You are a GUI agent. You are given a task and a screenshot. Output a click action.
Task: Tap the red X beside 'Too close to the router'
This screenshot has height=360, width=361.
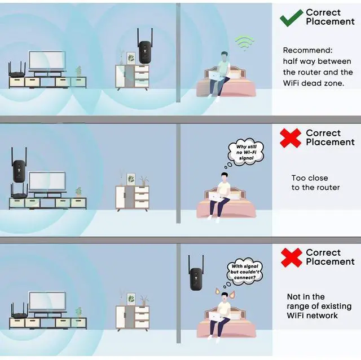[291, 137]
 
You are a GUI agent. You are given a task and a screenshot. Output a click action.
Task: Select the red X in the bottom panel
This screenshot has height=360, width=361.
[291, 257]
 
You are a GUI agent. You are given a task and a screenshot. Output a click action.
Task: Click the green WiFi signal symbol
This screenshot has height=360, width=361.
[244, 42]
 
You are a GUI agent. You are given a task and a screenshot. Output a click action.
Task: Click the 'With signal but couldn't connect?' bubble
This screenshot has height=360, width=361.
[245, 272]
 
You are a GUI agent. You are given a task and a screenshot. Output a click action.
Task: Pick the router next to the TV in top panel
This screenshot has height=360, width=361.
[17, 72]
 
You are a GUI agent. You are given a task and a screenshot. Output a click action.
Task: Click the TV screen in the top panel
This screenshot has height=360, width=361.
[46, 61]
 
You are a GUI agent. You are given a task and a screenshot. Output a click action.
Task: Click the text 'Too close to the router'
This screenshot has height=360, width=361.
[315, 183]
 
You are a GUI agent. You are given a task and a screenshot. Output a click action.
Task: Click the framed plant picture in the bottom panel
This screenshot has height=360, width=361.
[131, 297]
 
